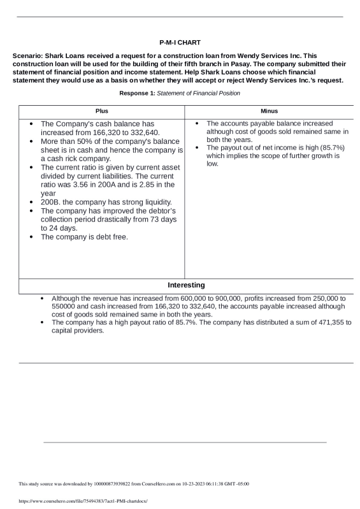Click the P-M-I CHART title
coord(180,42)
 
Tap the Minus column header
coord(269,111)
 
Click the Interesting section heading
coord(186,285)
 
